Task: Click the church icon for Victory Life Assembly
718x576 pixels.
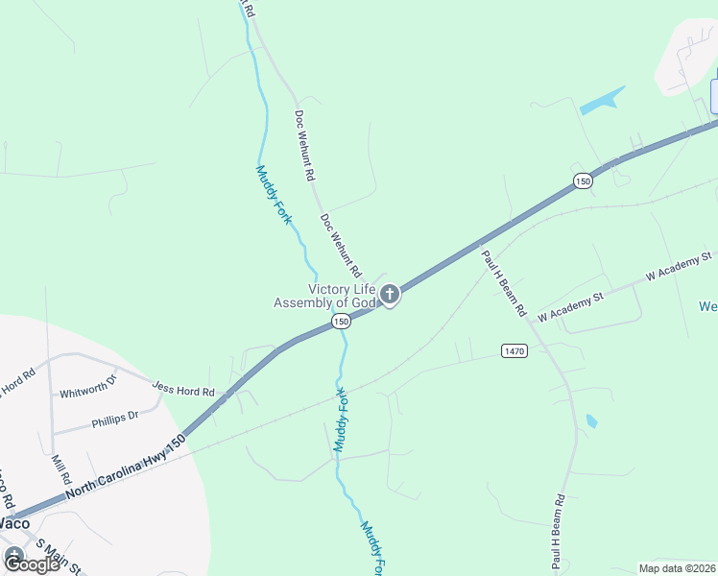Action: [389, 296]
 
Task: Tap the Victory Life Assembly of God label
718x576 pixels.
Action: [325, 296]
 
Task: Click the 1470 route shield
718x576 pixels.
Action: [514, 351]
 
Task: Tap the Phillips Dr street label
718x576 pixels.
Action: [115, 418]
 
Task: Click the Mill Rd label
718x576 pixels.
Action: [60, 468]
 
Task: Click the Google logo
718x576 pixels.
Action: [31, 564]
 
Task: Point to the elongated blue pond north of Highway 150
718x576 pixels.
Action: [603, 100]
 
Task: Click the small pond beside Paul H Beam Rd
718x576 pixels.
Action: [591, 420]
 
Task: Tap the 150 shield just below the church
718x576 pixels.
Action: [341, 323]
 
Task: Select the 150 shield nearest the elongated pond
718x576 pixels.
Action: [582, 180]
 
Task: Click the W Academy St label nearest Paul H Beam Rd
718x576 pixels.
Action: [569, 308]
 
